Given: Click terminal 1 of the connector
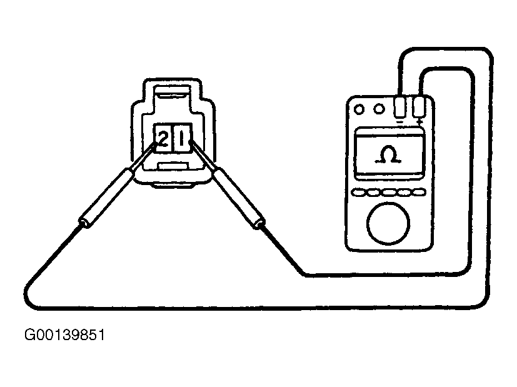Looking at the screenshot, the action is (x=181, y=138).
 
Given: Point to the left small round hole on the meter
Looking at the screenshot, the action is (x=359, y=109).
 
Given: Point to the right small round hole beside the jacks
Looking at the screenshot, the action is (x=378, y=109).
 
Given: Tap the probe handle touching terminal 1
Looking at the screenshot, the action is (x=238, y=193).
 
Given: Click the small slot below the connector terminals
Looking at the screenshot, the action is (x=172, y=166).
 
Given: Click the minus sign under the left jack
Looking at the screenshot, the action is (x=400, y=123).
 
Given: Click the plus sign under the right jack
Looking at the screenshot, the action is (x=419, y=123).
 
